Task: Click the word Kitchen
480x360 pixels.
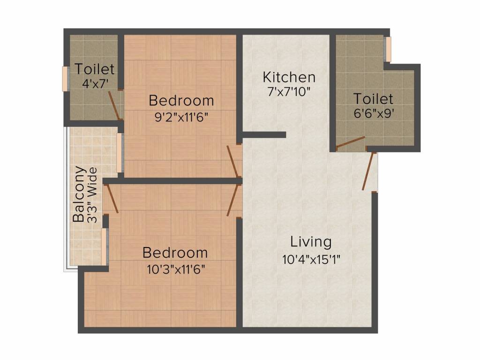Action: click(x=289, y=77)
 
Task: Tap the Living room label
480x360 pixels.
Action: click(x=311, y=242)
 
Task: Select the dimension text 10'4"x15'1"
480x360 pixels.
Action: click(x=311, y=259)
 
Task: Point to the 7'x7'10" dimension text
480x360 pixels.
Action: click(x=289, y=92)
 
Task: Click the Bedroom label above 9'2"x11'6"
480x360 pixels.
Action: click(x=181, y=100)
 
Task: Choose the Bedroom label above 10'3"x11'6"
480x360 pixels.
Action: click(x=175, y=253)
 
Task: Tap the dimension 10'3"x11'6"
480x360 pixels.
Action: click(x=175, y=270)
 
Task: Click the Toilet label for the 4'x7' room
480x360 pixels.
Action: click(x=95, y=69)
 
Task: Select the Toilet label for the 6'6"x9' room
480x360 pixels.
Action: click(x=373, y=99)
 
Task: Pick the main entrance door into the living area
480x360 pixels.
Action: click(x=368, y=171)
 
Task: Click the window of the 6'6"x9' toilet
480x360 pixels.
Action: click(x=387, y=49)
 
